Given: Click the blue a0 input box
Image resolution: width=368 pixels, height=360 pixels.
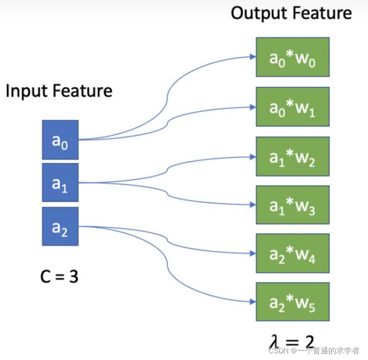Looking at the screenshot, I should click(60, 140).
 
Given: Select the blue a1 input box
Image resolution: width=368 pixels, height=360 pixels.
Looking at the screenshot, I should click(60, 182).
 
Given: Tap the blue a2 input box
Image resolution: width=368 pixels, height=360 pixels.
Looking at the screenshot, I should click(60, 226).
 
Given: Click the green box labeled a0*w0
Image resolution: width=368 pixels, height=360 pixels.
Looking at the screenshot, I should click(292, 57).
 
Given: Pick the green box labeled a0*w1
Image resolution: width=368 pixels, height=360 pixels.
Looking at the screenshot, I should click(292, 106).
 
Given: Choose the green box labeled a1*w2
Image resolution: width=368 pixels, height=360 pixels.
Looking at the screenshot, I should click(292, 156).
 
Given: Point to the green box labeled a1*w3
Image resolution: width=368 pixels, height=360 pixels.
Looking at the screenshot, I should click(292, 205).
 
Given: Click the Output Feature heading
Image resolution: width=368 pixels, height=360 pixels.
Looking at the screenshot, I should click(291, 13).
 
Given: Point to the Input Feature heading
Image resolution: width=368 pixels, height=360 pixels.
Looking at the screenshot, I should click(59, 91).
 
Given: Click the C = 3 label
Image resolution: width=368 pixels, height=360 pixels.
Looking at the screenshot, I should click(59, 276).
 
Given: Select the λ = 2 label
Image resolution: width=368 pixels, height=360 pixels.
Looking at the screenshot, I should click(291, 341).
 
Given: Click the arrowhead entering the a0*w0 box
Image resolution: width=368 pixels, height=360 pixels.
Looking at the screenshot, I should click(253, 56).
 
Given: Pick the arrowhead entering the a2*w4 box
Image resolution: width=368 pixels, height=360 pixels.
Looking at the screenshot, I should click(253, 254).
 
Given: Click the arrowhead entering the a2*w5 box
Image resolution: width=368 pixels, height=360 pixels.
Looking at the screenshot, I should click(253, 303).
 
